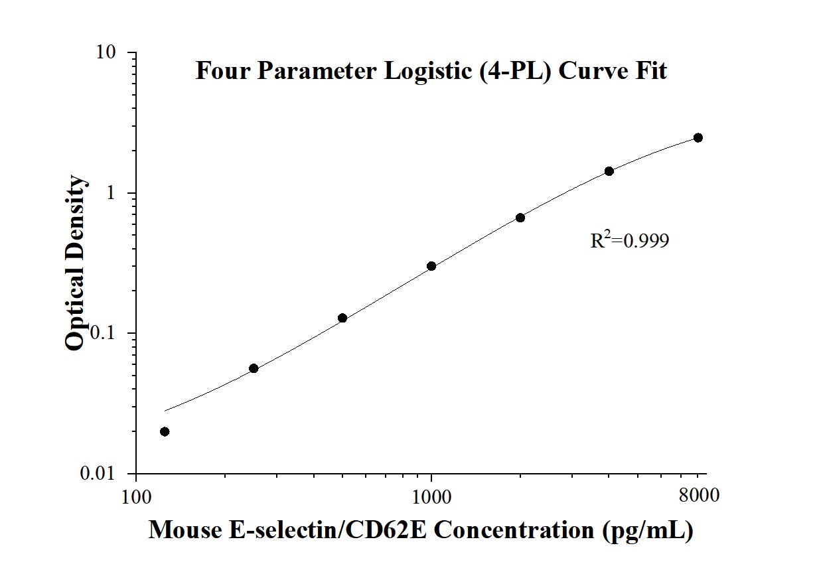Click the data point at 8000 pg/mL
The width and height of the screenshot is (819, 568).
pyautogui.click(x=698, y=137)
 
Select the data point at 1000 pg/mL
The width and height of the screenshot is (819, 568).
pyautogui.click(x=431, y=266)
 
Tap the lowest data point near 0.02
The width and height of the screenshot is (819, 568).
pyautogui.click(x=165, y=431)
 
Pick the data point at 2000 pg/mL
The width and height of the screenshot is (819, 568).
pyautogui.click(x=520, y=218)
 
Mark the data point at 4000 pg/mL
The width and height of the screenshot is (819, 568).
pyautogui.click(x=609, y=171)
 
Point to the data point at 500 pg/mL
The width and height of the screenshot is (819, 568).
pyautogui.click(x=342, y=318)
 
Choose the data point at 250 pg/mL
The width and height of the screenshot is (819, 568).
pyautogui.click(x=254, y=368)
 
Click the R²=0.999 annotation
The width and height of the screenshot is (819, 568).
pyautogui.click(x=629, y=240)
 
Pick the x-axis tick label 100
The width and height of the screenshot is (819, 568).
pyautogui.click(x=136, y=496)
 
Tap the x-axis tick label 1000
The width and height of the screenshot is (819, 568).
pyautogui.click(x=431, y=496)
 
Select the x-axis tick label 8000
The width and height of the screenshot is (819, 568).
pyautogui.click(x=698, y=496)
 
